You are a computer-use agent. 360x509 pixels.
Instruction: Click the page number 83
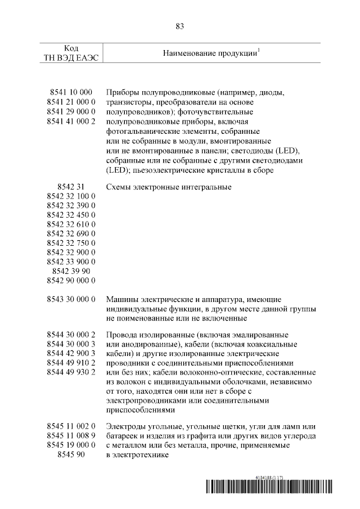tap(180, 26)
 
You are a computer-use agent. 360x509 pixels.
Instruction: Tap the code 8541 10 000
tap(69, 92)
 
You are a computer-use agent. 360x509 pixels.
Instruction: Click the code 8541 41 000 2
tap(71, 121)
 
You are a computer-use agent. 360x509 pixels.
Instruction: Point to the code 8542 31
tap(71, 187)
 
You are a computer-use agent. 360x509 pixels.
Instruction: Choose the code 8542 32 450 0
tap(71, 214)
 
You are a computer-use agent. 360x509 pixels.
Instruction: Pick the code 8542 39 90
tap(71, 271)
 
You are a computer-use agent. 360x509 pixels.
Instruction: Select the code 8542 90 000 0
tap(71, 280)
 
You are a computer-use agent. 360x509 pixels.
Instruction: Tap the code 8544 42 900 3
tap(71, 353)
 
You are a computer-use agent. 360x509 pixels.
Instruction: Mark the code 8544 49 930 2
tap(71, 372)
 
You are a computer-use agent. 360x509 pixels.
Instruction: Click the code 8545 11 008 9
tap(71, 436)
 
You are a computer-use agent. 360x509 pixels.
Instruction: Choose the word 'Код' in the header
tap(71, 48)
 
